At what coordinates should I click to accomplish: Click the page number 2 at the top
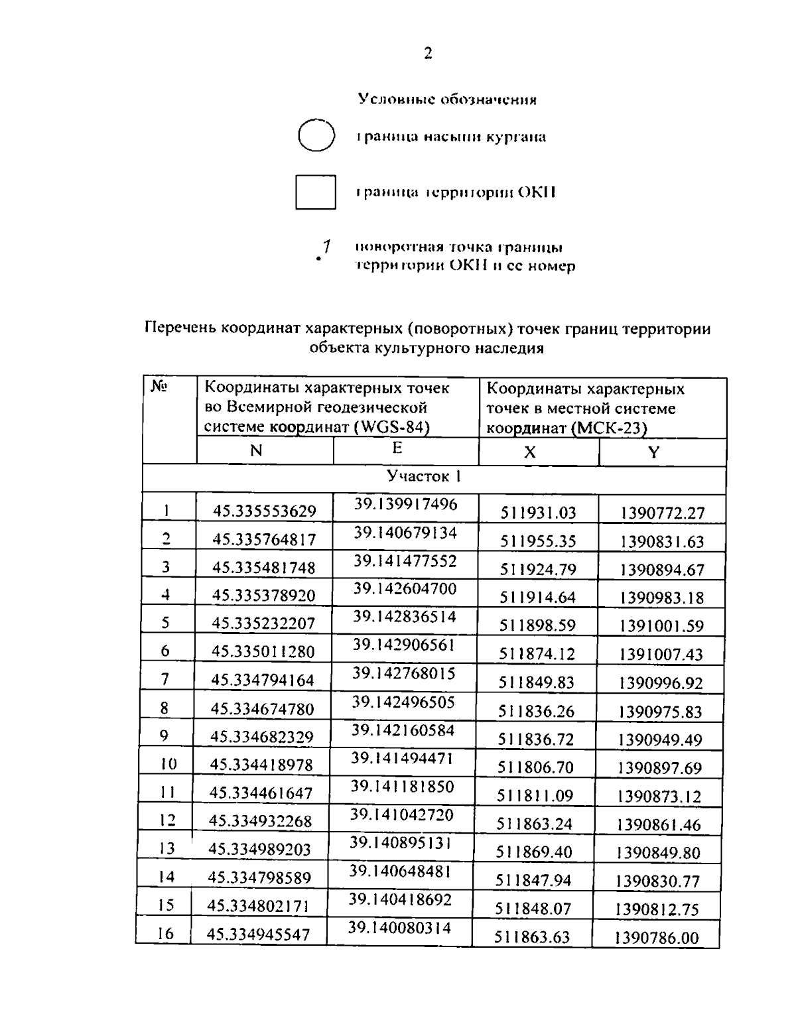(428, 54)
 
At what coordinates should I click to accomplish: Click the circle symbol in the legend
(315, 136)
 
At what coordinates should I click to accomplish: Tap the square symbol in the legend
(315, 192)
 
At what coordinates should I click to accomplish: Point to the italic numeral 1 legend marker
(325, 247)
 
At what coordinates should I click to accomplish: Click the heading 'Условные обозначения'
(447, 99)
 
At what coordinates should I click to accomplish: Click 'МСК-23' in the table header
(609, 428)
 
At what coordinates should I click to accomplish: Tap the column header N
(256, 451)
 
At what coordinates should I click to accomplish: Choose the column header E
(397, 448)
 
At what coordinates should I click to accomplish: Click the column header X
(529, 452)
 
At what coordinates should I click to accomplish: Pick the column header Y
(654, 452)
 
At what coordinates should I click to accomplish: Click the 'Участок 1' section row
(424, 476)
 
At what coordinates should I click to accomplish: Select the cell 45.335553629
(264, 511)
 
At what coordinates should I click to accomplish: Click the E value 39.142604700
(405, 589)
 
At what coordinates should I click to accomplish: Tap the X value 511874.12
(537, 654)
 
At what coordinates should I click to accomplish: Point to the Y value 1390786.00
(657, 937)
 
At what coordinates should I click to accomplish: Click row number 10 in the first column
(168, 764)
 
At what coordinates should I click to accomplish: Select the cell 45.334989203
(259, 849)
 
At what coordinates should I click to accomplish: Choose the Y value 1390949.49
(659, 740)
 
